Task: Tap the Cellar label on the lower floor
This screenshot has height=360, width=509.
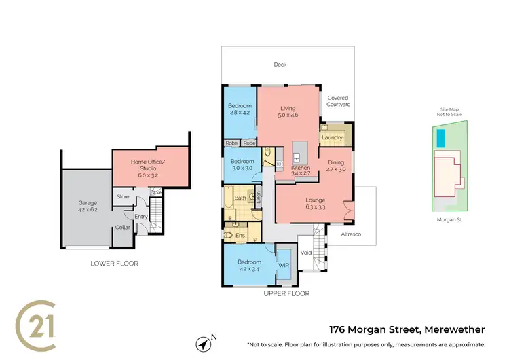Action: click(122, 227)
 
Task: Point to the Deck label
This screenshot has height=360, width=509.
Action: click(280, 65)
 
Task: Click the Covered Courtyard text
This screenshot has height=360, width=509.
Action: click(337, 102)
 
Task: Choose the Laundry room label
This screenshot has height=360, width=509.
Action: click(333, 138)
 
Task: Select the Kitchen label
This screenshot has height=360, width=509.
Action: click(301, 167)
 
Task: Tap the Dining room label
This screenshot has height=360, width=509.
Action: click(337, 162)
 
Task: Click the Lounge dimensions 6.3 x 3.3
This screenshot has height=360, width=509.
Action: click(315, 209)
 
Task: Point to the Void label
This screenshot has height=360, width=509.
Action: click(306, 253)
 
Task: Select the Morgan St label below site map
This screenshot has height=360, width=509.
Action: click(449, 220)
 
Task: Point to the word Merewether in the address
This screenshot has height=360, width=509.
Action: click(453, 330)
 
